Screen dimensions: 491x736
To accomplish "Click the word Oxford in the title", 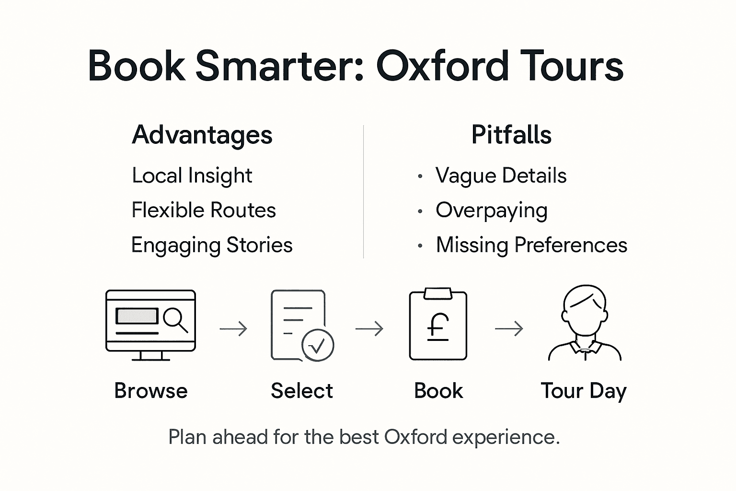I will pos(442,66).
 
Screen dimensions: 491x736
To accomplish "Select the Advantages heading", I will pos(202,135).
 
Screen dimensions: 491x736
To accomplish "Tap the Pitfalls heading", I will pos(511,135).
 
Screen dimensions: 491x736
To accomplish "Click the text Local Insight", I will pos(192,175).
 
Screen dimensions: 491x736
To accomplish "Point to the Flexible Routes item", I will pos(204,210).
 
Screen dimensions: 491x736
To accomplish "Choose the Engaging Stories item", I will pos(212,245).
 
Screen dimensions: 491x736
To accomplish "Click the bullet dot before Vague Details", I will pos(420,176).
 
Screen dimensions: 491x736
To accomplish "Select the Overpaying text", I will pos(491,210).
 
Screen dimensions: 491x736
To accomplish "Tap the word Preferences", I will pos(571,245).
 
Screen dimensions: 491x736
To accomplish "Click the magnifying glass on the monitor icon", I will pos(174,319).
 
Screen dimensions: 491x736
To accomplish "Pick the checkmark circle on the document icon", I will pos(317,345).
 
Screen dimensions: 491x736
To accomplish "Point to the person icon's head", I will pos(585,309).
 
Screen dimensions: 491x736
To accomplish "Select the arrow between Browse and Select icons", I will pos(233,329).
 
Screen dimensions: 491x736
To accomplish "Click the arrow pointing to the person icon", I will pos(509,329).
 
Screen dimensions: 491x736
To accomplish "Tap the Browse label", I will pos(150,391).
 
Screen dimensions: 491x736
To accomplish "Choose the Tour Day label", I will pos(584,391).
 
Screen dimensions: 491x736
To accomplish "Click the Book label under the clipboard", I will pos(438,391).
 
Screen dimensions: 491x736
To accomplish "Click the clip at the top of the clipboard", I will pos(438,293).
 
